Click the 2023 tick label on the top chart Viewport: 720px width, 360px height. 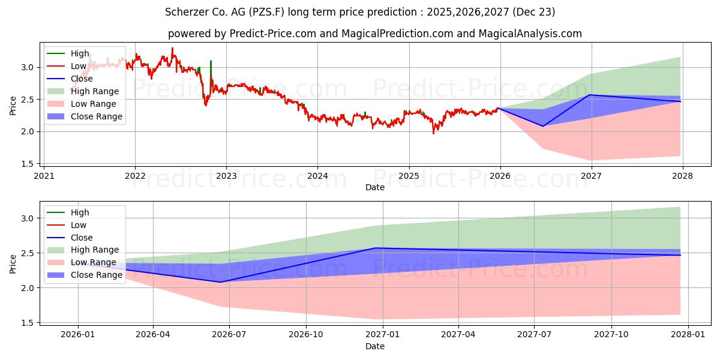point(226,176)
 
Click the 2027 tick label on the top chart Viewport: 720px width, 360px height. point(591,176)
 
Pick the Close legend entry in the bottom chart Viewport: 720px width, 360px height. point(81,238)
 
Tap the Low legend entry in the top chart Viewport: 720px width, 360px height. point(79,66)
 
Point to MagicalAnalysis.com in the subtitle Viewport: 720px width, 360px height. point(530,34)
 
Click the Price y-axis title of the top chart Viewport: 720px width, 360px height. point(13,104)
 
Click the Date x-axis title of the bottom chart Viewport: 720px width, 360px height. point(375,346)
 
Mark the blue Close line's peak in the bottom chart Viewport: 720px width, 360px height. point(376,248)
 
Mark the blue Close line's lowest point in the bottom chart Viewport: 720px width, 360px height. point(220,282)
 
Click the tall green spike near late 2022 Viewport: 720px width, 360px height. point(211,62)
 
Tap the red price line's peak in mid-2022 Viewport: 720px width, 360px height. point(172,48)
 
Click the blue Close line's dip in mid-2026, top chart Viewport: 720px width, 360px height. point(543,126)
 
